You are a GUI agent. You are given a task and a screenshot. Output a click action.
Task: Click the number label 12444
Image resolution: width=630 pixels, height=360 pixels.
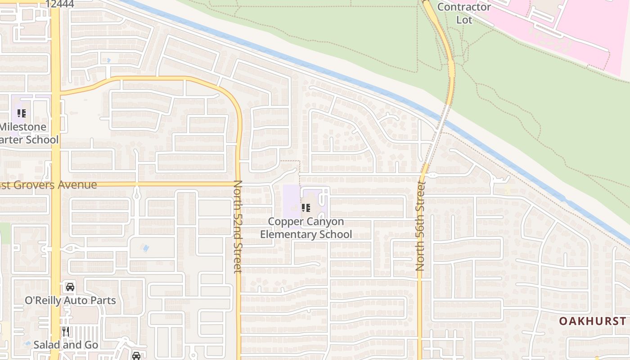pyautogui.click(x=60, y=4)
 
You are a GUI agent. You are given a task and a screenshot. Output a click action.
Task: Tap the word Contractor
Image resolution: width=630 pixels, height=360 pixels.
pyautogui.click(x=464, y=7)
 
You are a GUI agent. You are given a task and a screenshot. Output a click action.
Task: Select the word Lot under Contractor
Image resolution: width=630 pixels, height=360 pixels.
pyautogui.click(x=464, y=20)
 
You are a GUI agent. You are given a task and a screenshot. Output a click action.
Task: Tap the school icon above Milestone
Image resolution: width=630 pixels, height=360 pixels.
pyautogui.click(x=22, y=113)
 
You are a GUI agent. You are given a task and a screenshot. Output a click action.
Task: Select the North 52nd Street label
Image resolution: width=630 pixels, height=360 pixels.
pyautogui.click(x=238, y=226)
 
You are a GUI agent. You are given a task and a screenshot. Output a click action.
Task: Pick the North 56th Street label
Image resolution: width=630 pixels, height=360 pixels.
pyautogui.click(x=421, y=225)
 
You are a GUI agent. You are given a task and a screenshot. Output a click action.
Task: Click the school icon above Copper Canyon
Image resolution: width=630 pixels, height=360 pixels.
pyautogui.click(x=306, y=208)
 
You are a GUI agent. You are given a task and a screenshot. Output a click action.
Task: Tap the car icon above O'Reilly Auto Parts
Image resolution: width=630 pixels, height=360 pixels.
pyautogui.click(x=70, y=287)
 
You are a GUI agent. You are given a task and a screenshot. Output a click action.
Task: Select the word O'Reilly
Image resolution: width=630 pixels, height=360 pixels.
pyautogui.click(x=44, y=301)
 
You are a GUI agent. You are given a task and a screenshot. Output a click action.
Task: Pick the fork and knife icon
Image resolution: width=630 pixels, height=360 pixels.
pyautogui.click(x=66, y=332)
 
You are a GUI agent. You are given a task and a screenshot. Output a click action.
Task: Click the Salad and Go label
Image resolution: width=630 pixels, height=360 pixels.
pyautogui.click(x=66, y=345)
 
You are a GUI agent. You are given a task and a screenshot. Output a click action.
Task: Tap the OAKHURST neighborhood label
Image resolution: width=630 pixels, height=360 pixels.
pyautogui.click(x=592, y=321)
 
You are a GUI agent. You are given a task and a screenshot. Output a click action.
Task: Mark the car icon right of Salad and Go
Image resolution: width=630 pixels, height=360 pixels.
pyautogui.click(x=136, y=355)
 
